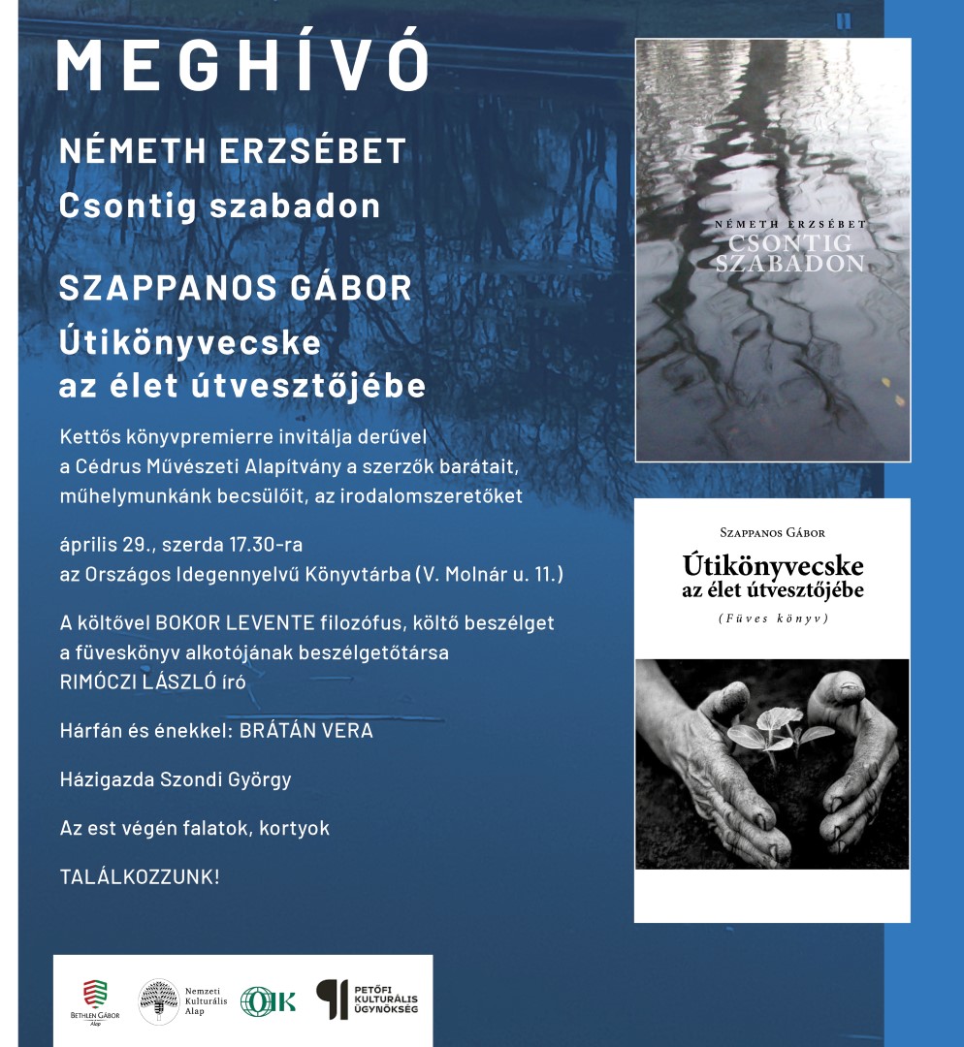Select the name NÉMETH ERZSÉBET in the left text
(x=233, y=151)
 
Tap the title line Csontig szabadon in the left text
(x=220, y=206)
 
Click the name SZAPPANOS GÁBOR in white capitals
(x=236, y=288)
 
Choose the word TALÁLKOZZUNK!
(x=140, y=877)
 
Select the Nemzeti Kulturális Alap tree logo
(x=159, y=1001)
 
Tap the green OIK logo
(x=268, y=1000)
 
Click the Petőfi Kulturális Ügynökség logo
(x=368, y=999)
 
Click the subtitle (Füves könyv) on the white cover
(x=772, y=618)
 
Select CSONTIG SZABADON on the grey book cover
(x=788, y=252)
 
